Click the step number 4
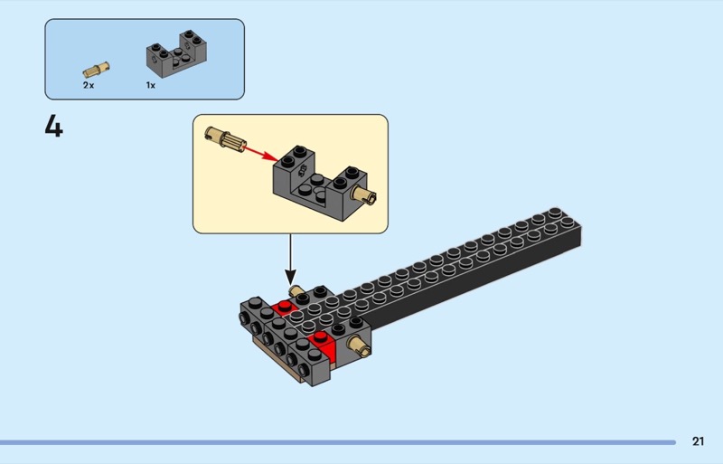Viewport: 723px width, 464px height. tap(54, 127)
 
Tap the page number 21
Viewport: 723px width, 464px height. tap(698, 441)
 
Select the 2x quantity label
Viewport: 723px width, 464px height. tap(89, 84)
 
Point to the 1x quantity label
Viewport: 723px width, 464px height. tap(151, 84)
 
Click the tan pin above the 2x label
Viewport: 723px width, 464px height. tap(96, 68)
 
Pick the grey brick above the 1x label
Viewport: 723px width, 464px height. tap(175, 56)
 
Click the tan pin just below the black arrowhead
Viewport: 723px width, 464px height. tap(295, 290)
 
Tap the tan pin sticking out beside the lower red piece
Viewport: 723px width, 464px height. tap(358, 346)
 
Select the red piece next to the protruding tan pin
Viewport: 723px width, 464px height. tap(323, 344)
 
